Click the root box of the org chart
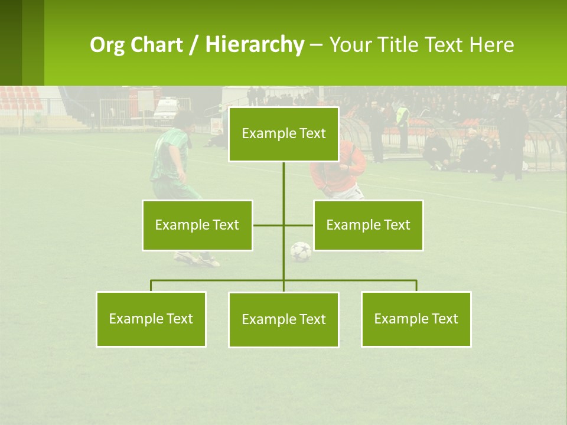click(x=283, y=134)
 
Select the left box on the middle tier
click(x=197, y=225)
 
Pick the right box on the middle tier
click(x=368, y=225)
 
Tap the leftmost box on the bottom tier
click(x=151, y=319)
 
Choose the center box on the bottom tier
click(x=283, y=319)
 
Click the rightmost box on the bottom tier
click(x=416, y=319)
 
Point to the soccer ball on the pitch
click(x=301, y=251)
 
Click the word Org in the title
click(x=107, y=45)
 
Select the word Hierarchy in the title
click(x=254, y=45)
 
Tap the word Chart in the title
click(x=158, y=45)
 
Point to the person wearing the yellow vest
click(x=402, y=118)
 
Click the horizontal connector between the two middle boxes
click(x=269, y=225)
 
